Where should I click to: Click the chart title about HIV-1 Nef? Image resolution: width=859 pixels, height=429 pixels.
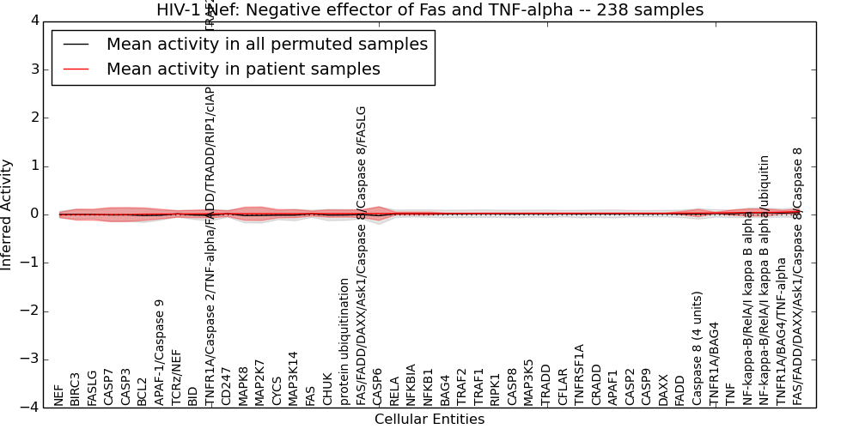[429, 10]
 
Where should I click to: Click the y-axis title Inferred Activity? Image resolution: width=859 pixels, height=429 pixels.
[8, 214]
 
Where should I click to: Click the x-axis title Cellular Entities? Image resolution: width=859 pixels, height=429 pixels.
[429, 420]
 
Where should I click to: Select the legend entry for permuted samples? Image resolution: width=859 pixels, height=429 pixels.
[266, 45]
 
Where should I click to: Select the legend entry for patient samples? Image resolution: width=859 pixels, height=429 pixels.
[242, 69]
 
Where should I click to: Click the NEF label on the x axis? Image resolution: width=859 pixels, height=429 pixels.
[59, 395]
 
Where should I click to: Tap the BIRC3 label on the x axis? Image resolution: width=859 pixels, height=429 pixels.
[76, 389]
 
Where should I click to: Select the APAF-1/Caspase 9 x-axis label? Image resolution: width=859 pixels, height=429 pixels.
[160, 352]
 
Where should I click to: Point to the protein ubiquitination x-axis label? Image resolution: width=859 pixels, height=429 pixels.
[344, 341]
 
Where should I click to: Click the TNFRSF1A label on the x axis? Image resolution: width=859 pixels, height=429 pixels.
[579, 375]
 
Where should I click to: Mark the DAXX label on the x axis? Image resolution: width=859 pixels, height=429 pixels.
[663, 390]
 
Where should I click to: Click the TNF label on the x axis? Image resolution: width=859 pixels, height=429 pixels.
[730, 395]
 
